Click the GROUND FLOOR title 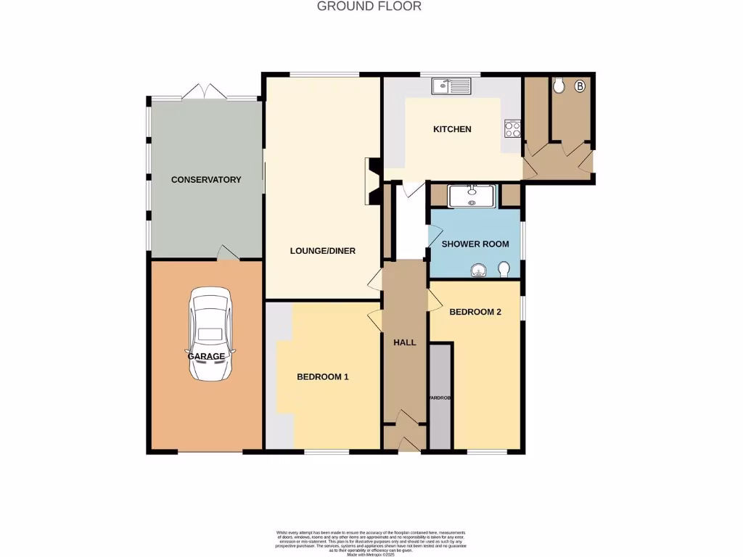[369, 7]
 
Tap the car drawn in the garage [211, 334]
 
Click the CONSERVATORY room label [206, 179]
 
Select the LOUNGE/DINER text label [322, 251]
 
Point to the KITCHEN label [452, 129]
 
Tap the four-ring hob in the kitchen [512, 128]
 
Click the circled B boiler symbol [579, 87]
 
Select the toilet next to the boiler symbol [558, 86]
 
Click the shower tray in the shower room [472, 196]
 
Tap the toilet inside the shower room [505, 271]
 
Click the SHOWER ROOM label [475, 244]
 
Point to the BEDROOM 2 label [475, 312]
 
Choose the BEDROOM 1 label [323, 376]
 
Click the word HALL [404, 342]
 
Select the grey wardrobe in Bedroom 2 [440, 397]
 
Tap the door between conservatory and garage [228, 253]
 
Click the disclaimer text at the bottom [371, 542]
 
